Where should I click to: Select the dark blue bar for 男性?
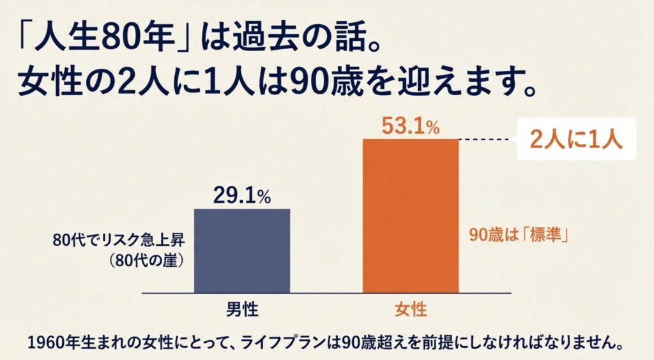241,250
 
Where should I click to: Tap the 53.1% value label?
411,126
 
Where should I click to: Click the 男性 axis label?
242,310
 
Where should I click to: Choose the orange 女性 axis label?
411,310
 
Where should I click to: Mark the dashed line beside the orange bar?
486,140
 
